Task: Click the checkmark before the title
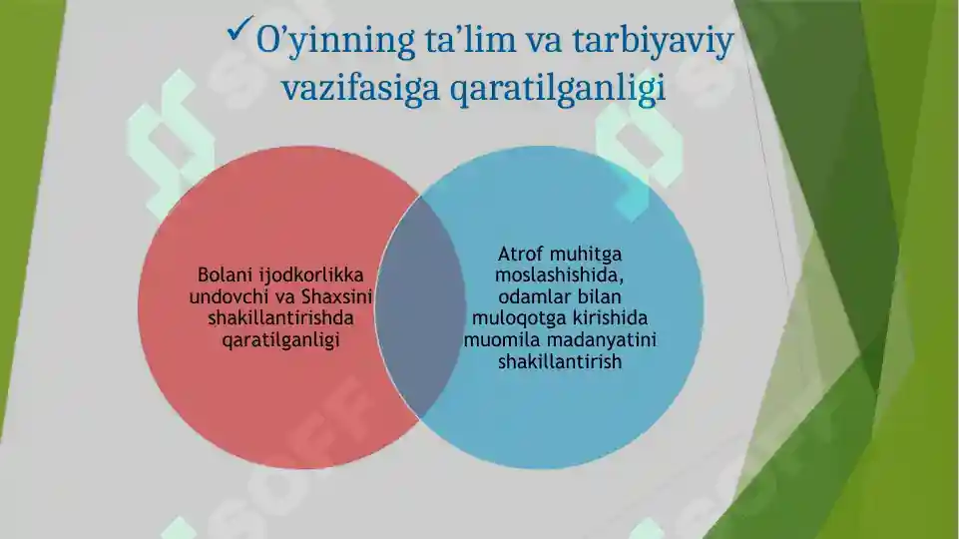click(240, 29)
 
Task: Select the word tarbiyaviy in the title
click(654, 42)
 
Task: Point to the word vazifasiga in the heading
click(361, 88)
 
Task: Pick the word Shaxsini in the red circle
click(337, 296)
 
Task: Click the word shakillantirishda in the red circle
click(280, 318)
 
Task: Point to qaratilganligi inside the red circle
click(280, 340)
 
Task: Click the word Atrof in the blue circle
click(520, 254)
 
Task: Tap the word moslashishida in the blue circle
click(559, 274)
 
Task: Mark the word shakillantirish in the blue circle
click(560, 361)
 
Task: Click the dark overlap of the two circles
click(420, 307)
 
